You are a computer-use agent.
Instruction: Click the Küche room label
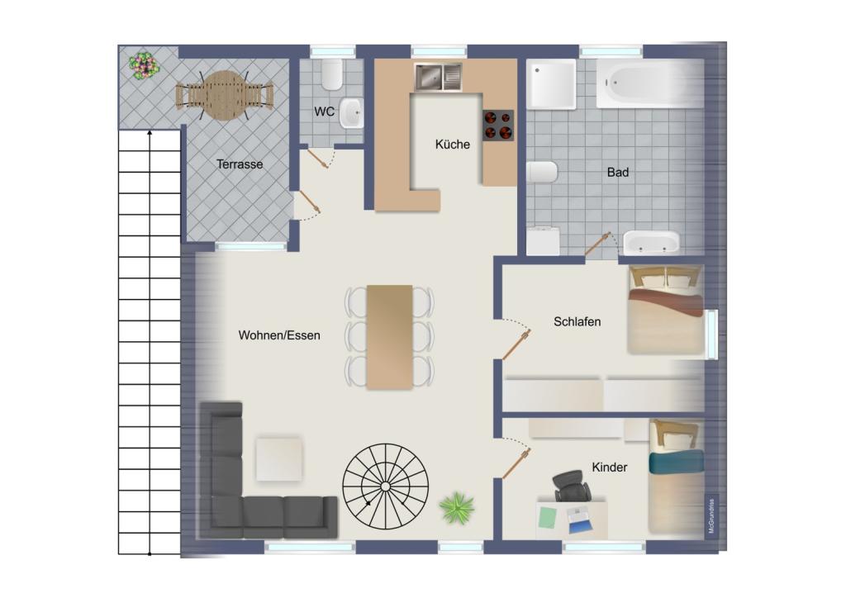[452, 145]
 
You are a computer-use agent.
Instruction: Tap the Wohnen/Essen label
[279, 335]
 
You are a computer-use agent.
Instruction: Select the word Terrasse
[240, 164]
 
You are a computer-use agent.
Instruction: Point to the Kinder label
[609, 467]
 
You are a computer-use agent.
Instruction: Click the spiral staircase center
[385, 486]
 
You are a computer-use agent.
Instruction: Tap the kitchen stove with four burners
[498, 126]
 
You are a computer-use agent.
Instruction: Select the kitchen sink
[438, 77]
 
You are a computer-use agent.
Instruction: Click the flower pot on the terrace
[144, 66]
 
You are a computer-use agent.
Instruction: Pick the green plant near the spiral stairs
[456, 508]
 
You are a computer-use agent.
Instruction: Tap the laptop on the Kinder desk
[579, 520]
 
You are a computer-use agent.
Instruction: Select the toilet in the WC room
[332, 74]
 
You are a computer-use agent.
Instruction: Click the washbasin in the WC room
[351, 113]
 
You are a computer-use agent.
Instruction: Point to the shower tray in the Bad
[551, 84]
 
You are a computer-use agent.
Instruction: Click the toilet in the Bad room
[542, 173]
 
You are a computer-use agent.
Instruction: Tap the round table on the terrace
[224, 96]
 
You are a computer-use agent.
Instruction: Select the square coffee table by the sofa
[278, 458]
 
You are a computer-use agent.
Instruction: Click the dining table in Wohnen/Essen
[389, 337]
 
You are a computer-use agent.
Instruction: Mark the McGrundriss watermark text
[711, 515]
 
